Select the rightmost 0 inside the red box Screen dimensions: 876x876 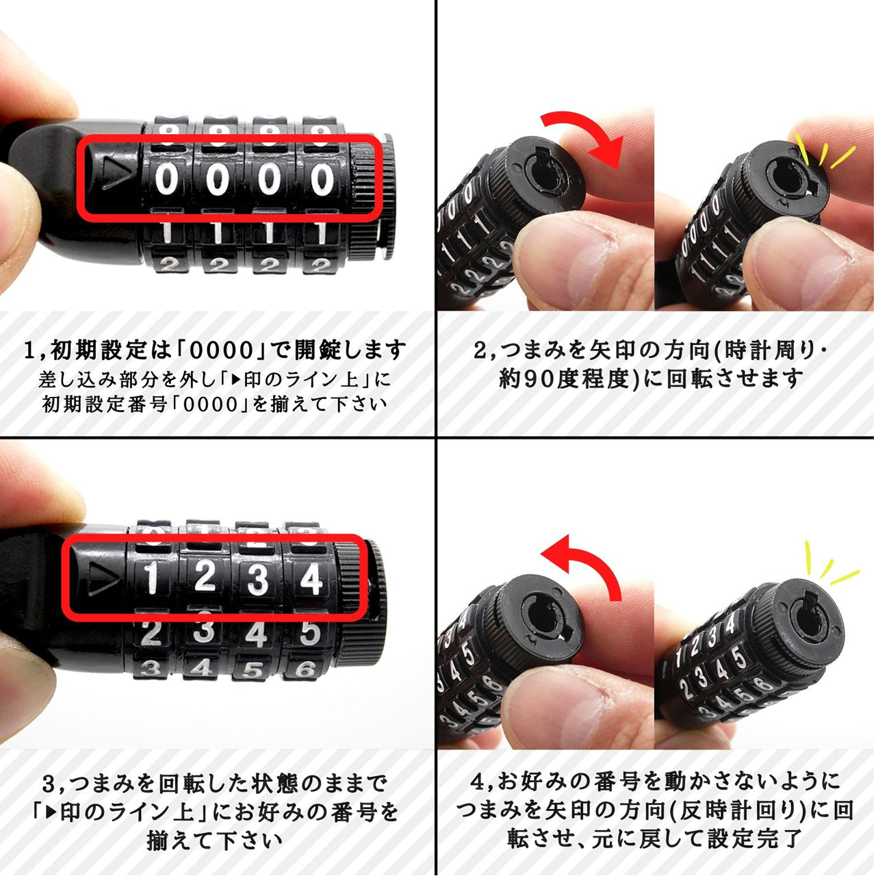click(x=322, y=180)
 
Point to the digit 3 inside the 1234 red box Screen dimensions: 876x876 click(x=257, y=579)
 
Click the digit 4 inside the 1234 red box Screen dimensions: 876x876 click(x=311, y=579)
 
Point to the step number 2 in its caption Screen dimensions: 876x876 click(x=480, y=351)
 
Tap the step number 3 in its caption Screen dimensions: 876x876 click(x=49, y=782)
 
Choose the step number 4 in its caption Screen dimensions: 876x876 click(x=478, y=781)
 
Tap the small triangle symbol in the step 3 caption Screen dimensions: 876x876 click(x=50, y=812)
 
